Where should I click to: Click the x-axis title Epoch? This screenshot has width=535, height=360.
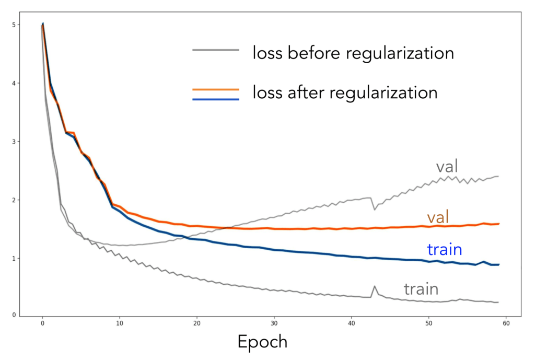(262, 342)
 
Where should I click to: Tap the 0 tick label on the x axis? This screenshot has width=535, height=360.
(42, 323)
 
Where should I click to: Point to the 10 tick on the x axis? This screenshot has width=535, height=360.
(120, 323)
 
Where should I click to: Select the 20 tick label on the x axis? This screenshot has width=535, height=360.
(197, 323)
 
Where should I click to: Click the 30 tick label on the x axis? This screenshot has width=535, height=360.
(274, 323)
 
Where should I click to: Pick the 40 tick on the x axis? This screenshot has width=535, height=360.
(352, 323)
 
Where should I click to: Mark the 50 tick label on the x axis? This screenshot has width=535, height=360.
(429, 323)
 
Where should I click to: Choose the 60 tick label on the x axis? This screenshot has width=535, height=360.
(506, 323)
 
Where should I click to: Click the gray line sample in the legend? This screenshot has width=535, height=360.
(216, 50)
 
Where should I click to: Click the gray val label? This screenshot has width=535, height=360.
(447, 167)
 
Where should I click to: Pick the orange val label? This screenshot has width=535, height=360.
(438, 217)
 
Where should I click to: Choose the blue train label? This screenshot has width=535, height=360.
(444, 249)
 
